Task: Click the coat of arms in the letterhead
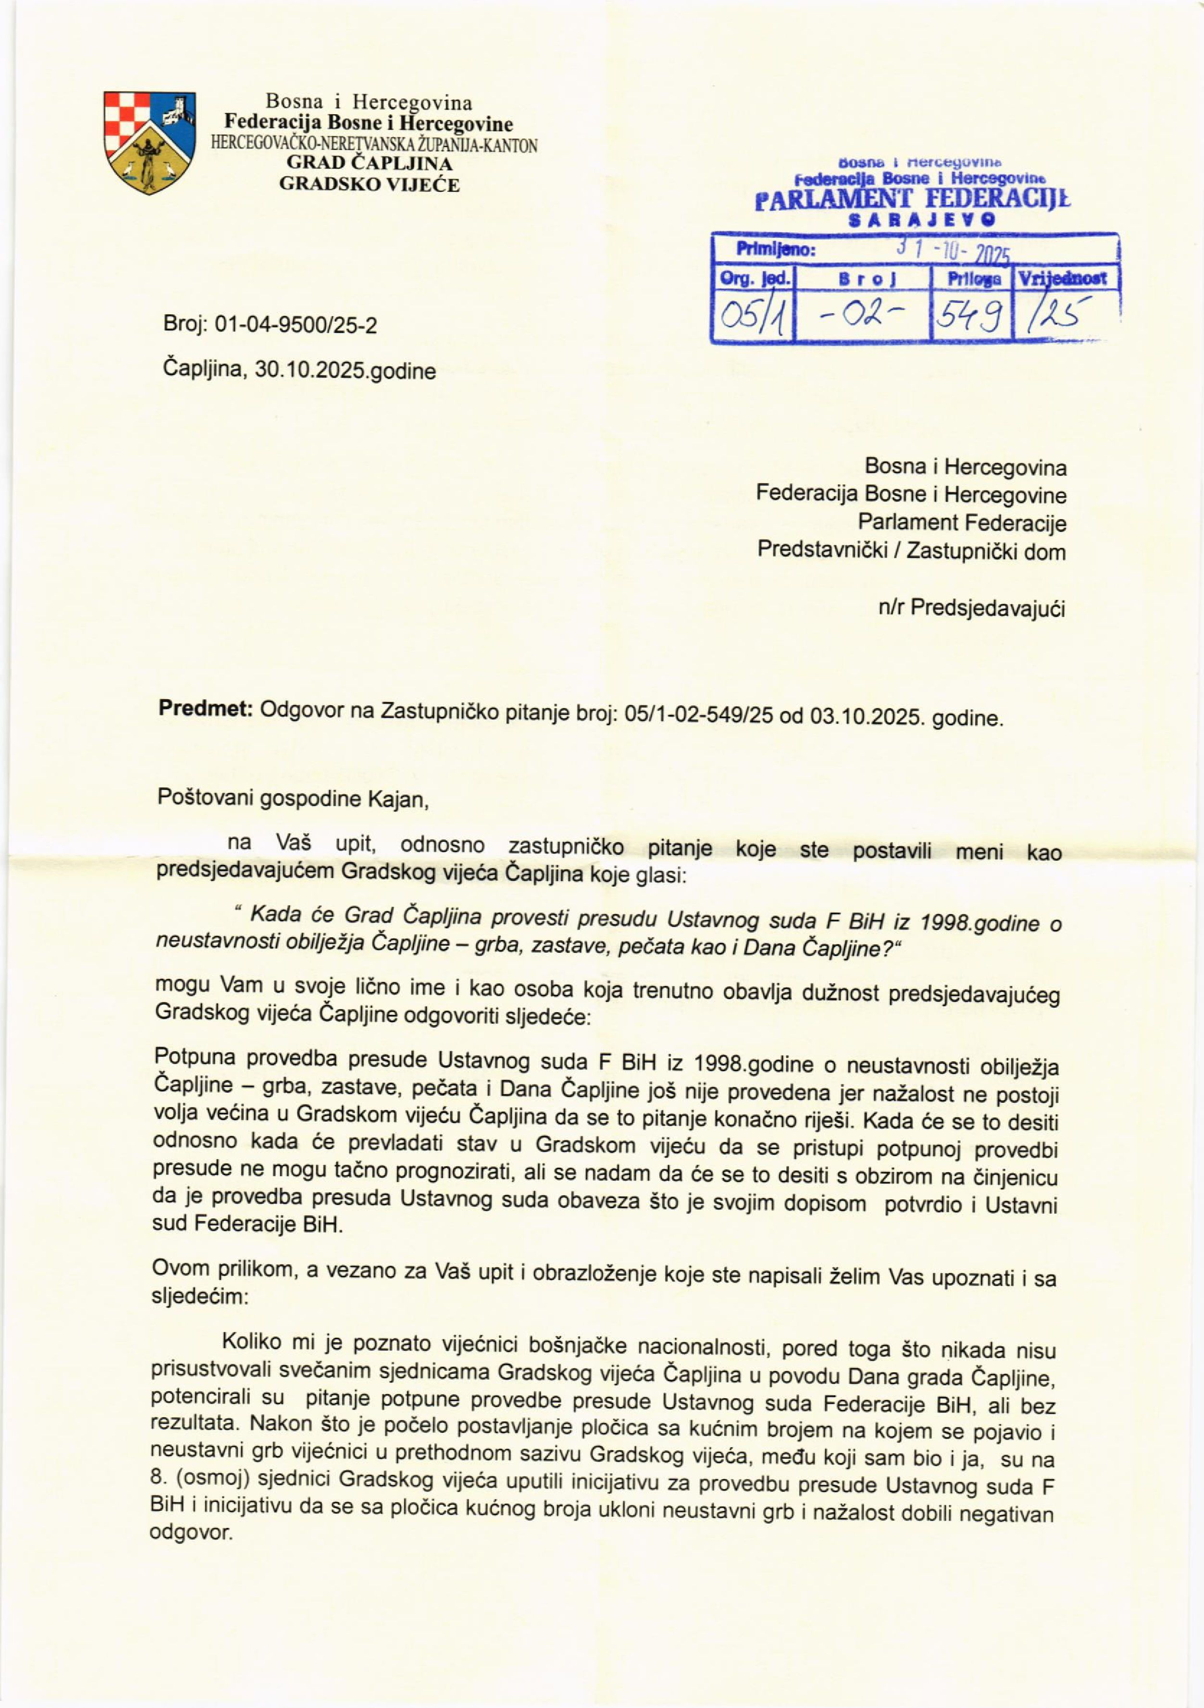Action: click(x=149, y=143)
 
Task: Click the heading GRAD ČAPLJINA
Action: click(x=369, y=165)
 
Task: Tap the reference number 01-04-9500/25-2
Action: click(x=296, y=325)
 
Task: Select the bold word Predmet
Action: click(x=205, y=709)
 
